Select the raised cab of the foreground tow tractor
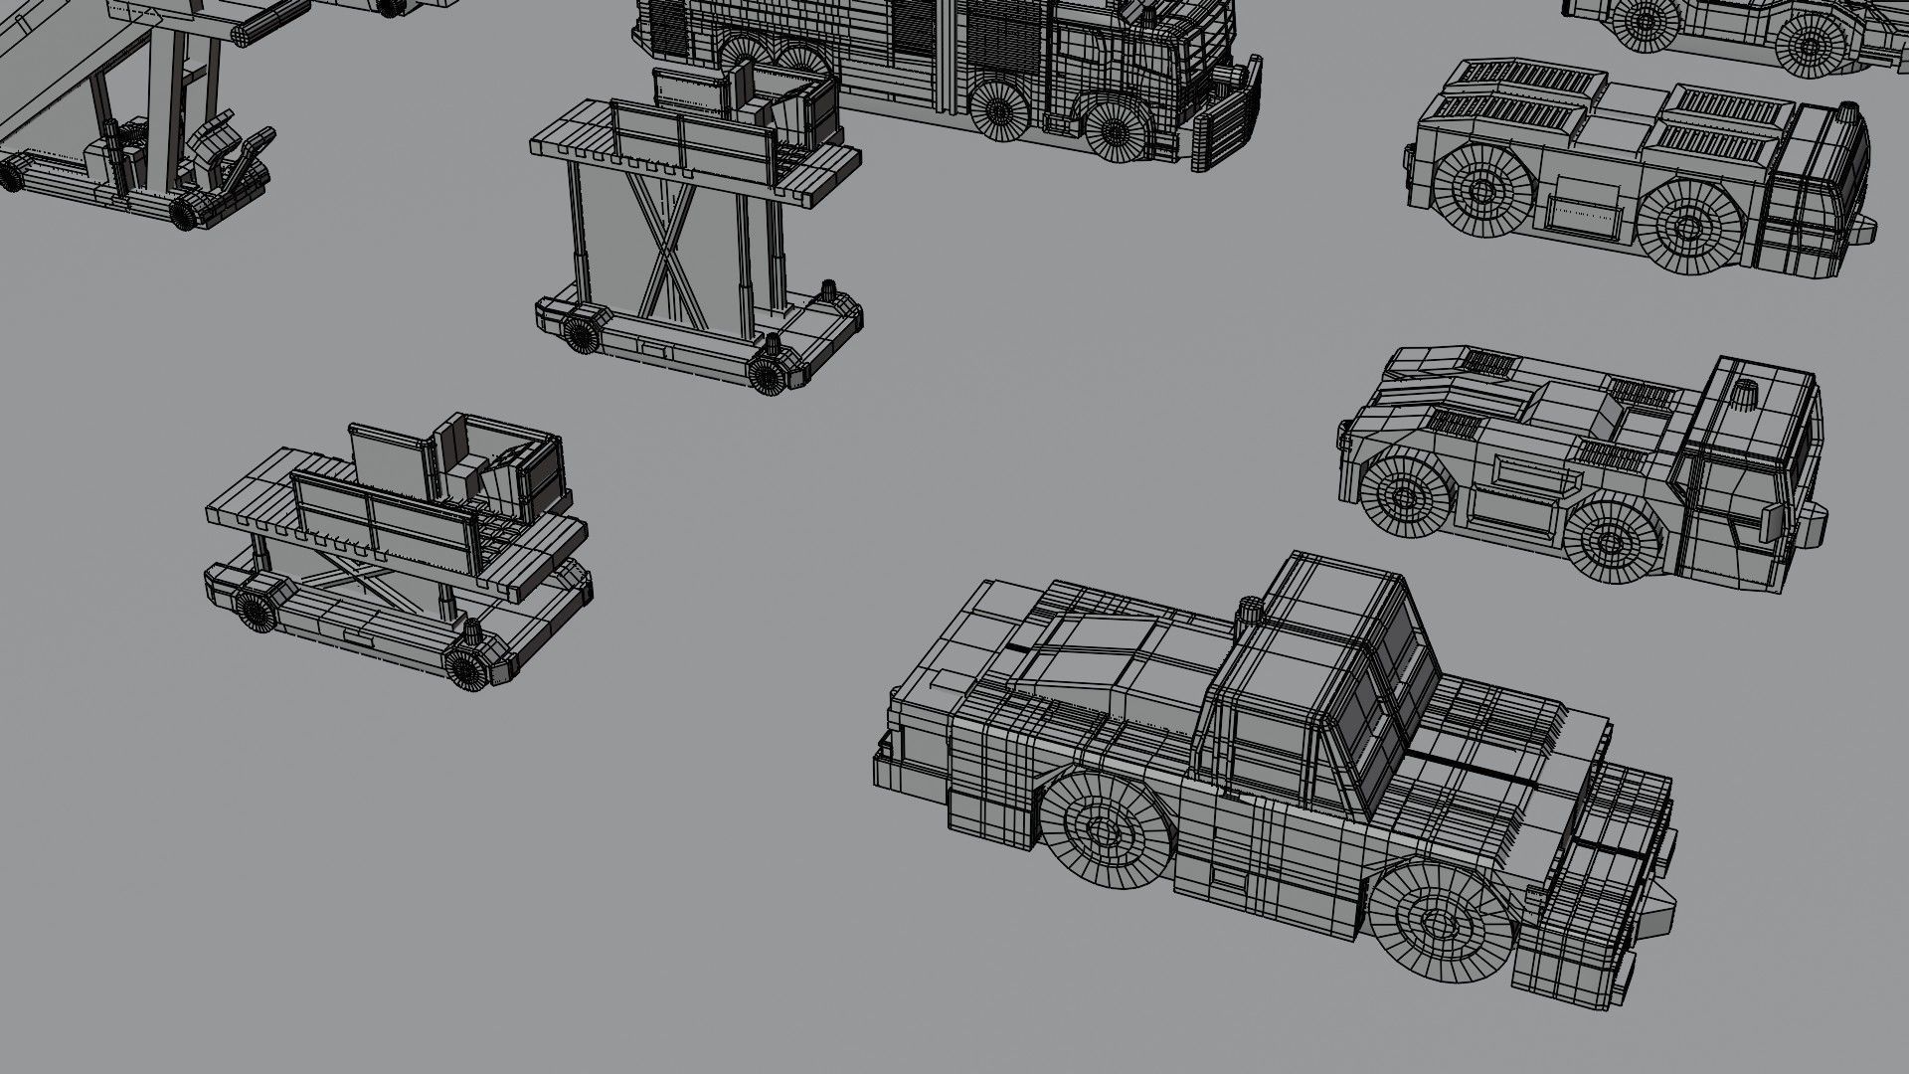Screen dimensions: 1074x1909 1322,676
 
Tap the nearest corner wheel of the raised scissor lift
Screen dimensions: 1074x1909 767,374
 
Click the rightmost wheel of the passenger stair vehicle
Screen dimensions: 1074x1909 186,212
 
